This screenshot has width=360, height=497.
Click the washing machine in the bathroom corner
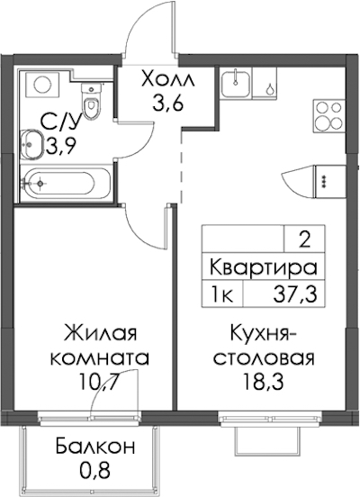pos(42,85)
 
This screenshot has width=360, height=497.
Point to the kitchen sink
pos(236,83)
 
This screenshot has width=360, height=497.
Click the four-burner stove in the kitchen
pos(328,115)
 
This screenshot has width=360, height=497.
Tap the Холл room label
pos(167,79)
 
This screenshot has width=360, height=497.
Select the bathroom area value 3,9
pos(61,146)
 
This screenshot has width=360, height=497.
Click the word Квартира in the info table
pos(264,267)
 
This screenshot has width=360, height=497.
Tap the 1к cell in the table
pos(223,294)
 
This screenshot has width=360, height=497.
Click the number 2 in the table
pos(305,241)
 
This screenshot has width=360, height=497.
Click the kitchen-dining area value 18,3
pos(263,382)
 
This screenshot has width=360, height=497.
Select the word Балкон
pos(95,447)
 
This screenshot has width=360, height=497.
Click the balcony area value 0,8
pos(94,470)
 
